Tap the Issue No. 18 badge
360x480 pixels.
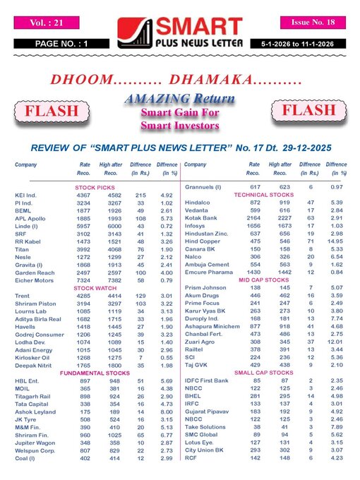313,23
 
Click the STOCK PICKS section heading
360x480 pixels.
96,187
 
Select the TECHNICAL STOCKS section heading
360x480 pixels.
263,194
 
